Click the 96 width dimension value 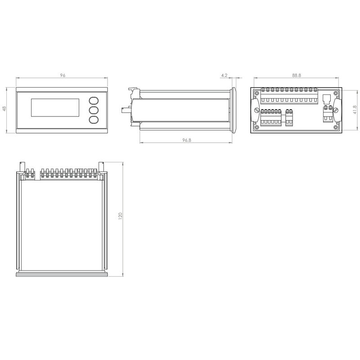coord(62,76)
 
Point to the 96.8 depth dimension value coord(187,140)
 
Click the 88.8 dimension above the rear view coord(297,76)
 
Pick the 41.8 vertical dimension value coord(355,110)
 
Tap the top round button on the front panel coord(93,101)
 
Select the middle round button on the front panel coord(93,110)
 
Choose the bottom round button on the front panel coord(93,120)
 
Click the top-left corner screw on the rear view coord(256,94)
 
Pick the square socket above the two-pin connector coord(327,99)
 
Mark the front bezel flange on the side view coord(234,110)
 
